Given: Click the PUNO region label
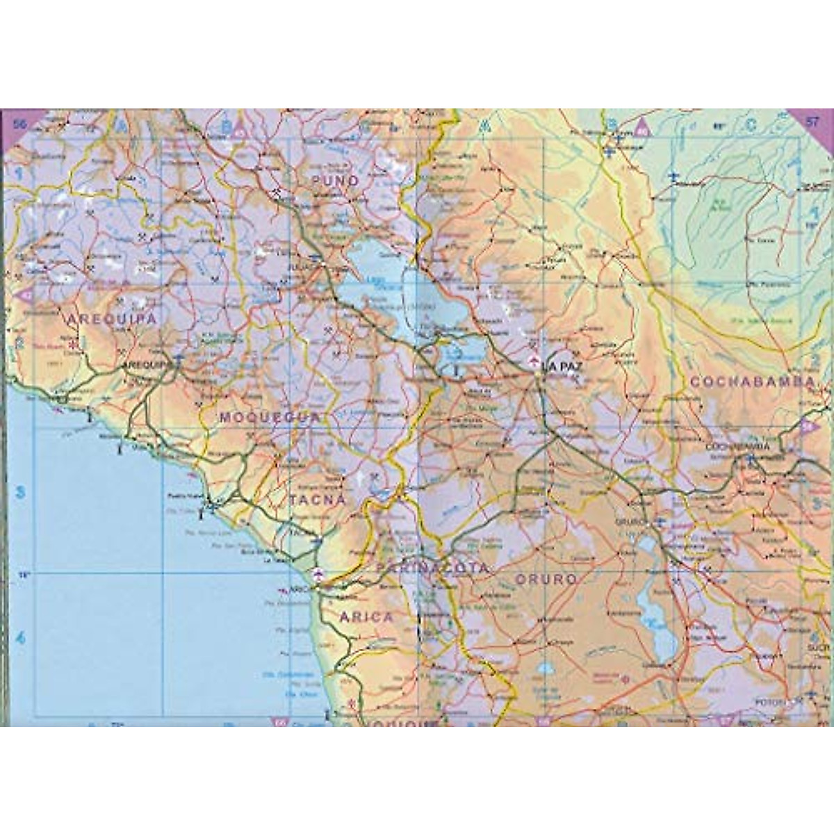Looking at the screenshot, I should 336,181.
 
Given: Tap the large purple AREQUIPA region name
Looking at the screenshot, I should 111,318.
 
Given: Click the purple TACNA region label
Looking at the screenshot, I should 317,500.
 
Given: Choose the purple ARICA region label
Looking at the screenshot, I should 366,616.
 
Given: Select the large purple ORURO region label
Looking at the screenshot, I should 546,578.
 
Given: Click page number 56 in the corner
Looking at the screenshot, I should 19,123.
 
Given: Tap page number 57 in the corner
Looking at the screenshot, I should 812,122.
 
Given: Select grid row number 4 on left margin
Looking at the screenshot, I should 20,638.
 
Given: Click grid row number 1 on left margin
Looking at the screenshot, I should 20,174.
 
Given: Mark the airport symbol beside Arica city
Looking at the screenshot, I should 318,573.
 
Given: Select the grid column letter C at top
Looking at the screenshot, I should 750,126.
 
